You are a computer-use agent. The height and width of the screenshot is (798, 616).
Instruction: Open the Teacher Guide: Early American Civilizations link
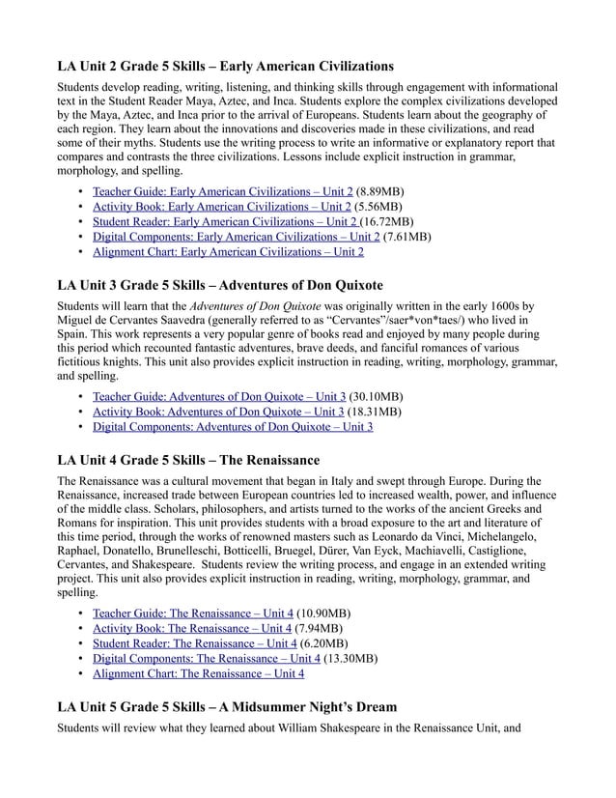[222, 191]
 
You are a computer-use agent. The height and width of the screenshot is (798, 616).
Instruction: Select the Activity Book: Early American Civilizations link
[222, 206]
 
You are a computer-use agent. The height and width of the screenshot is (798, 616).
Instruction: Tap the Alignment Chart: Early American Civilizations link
[228, 252]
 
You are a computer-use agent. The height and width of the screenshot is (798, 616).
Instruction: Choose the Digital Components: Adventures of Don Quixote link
[232, 426]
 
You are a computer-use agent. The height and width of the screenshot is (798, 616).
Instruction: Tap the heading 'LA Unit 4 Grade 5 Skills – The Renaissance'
[188, 459]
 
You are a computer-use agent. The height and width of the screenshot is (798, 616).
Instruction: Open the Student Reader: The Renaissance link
[194, 642]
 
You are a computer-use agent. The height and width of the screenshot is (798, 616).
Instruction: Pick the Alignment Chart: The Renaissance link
[198, 673]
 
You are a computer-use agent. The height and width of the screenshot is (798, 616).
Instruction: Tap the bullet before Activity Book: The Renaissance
[80, 628]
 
